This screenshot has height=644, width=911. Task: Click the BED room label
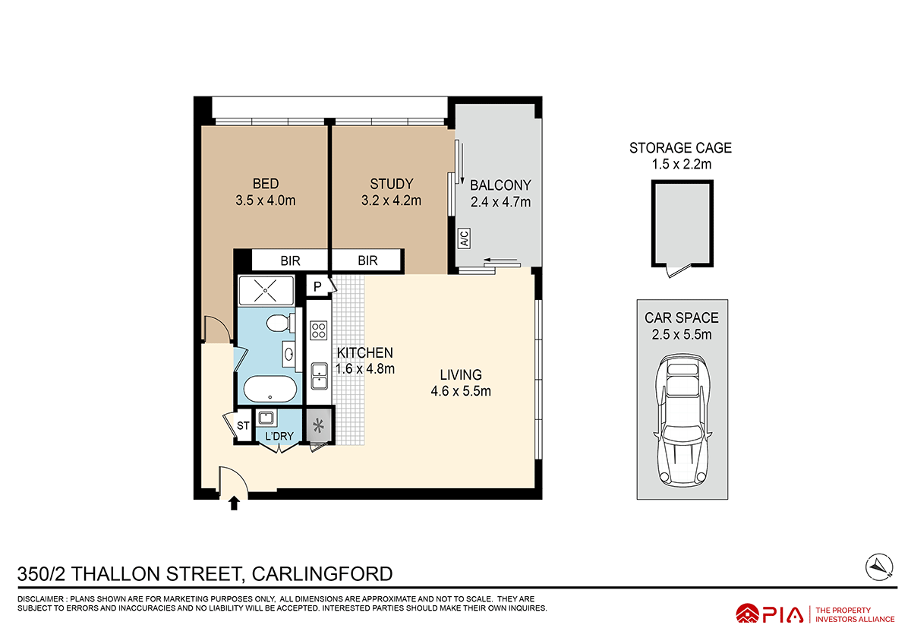pyautogui.click(x=266, y=184)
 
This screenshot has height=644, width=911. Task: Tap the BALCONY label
pyautogui.click(x=500, y=185)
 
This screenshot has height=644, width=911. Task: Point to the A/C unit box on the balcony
pyautogui.click(x=464, y=238)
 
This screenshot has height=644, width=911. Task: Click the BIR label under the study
pyautogui.click(x=367, y=260)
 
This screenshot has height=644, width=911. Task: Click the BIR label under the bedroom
pyautogui.click(x=291, y=260)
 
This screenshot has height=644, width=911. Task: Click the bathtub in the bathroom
pyautogui.click(x=270, y=390)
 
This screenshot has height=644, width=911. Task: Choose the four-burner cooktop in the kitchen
pyautogui.click(x=319, y=330)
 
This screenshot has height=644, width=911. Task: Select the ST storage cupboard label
pyautogui.click(x=243, y=426)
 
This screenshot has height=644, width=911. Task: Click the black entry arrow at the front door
pyautogui.click(x=234, y=502)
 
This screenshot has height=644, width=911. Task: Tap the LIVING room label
pyautogui.click(x=461, y=374)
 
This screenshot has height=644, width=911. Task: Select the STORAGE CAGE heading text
pyautogui.click(x=680, y=148)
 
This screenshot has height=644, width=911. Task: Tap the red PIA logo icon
pyautogui.click(x=748, y=614)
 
